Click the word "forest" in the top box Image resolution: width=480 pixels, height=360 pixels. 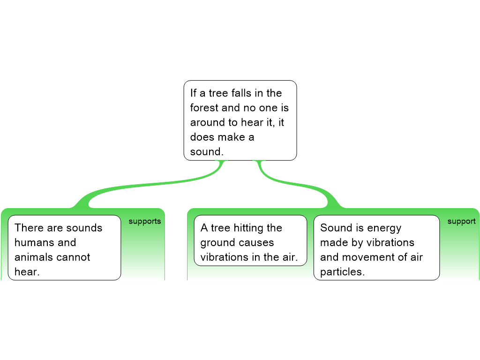click(204, 107)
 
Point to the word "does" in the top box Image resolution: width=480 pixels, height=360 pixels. click(201, 137)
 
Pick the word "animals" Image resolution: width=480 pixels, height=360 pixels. click(33, 257)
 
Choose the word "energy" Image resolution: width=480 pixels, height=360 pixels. click(384, 228)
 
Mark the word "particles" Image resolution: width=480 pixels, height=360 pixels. click(342, 272)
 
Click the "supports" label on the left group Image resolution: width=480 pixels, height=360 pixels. click(145, 221)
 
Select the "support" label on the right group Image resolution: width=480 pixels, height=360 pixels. click(462, 221)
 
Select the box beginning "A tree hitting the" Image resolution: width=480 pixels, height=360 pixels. click(250, 240)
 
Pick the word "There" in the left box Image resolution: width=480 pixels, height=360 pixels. click(29, 227)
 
